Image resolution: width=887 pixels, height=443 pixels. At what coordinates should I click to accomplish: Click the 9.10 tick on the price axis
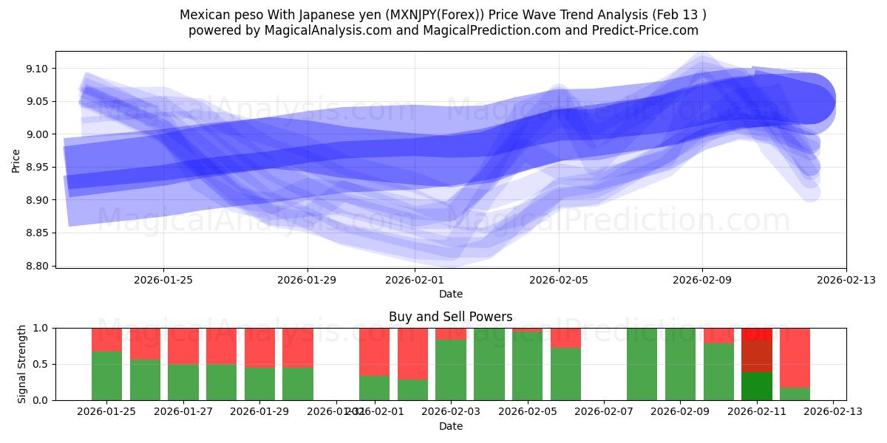point(36,69)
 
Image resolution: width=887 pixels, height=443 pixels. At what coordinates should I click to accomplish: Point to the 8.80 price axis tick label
point(36,266)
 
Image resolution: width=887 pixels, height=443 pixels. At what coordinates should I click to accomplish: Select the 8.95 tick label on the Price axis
point(36,168)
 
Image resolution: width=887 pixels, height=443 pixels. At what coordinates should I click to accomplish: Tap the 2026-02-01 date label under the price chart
point(415,280)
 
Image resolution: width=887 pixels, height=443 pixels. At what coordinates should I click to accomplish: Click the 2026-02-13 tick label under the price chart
point(846,280)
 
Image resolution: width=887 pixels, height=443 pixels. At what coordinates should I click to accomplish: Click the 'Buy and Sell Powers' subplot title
point(450,317)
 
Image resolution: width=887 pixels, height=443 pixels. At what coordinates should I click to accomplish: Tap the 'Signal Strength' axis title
point(22,363)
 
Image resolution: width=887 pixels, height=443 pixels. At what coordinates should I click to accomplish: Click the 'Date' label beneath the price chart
point(450,294)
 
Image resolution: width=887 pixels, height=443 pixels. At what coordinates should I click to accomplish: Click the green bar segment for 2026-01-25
point(106,376)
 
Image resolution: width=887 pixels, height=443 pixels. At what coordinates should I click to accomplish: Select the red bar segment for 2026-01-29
point(259,347)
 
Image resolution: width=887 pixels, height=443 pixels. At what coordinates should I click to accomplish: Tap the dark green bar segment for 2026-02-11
point(756,386)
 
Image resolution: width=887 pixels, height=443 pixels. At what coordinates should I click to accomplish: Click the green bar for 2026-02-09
point(680,364)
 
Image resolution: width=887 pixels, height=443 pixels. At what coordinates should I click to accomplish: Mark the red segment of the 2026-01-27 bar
point(183,346)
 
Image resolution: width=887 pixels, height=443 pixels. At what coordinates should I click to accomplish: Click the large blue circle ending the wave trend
point(809,99)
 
